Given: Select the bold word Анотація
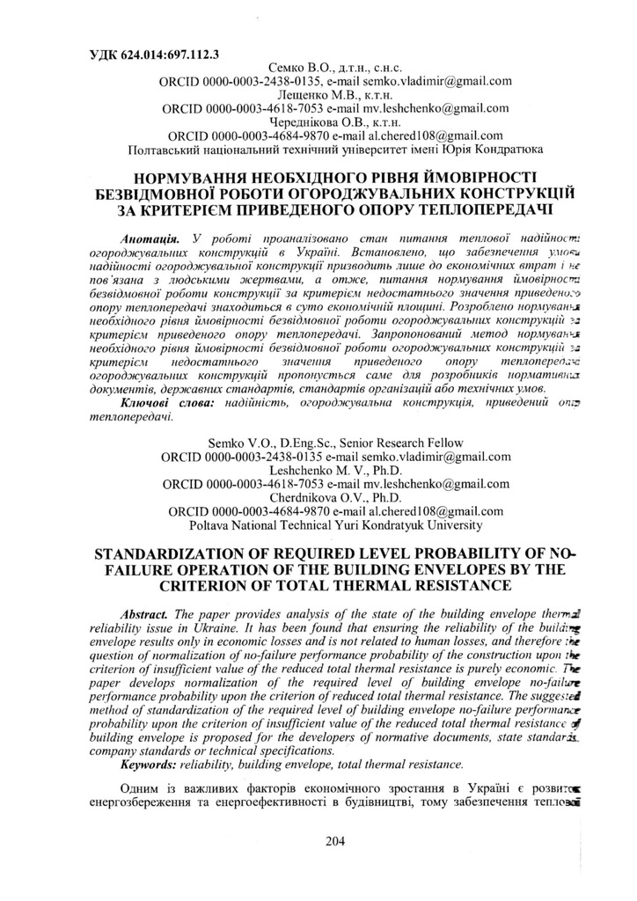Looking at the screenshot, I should point(149,238).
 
